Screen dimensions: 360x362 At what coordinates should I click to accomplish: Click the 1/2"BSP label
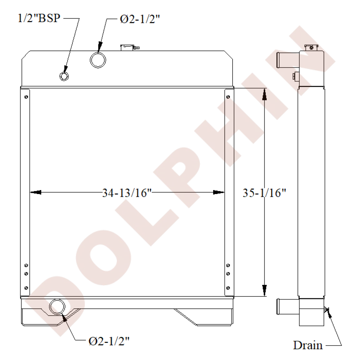click(x=39, y=18)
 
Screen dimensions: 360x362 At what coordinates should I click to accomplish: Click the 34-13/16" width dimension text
click(x=127, y=193)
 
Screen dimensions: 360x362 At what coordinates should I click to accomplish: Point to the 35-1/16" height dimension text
click(x=264, y=193)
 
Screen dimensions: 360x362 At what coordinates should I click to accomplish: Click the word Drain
click(x=308, y=345)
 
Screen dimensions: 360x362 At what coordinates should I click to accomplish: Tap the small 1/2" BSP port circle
click(x=64, y=76)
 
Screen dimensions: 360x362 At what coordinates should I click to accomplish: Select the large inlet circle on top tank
click(x=98, y=60)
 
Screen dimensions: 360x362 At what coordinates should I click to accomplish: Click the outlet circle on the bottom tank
click(x=57, y=307)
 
